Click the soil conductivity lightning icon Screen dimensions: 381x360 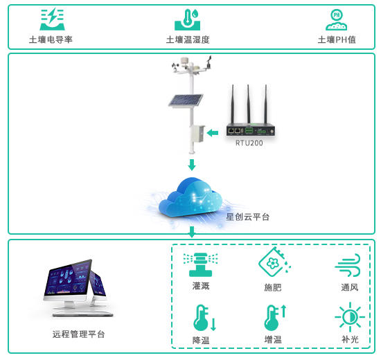(x=52, y=19)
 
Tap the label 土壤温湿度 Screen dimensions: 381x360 (x=188, y=39)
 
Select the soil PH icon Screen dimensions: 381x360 (x=336, y=20)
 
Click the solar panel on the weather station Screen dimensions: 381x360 (x=186, y=100)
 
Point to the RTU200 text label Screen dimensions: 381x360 (x=249, y=143)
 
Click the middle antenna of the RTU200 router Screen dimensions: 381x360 (x=248, y=104)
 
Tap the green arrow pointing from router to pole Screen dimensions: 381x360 (x=213, y=133)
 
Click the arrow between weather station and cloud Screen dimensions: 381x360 (x=192, y=165)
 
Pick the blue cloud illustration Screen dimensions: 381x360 (x=190, y=198)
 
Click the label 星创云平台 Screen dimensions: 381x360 (x=247, y=217)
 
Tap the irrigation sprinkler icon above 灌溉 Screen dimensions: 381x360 (x=200, y=264)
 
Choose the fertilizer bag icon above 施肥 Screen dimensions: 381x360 (x=274, y=262)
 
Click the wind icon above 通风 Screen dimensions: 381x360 (x=348, y=265)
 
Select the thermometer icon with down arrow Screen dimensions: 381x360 (x=204, y=318)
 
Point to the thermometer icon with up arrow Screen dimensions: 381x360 (x=275, y=318)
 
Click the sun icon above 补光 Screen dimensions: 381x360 (x=350, y=317)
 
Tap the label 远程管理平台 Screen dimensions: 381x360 (x=79, y=334)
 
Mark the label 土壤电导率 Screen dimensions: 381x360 (x=51, y=39)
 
